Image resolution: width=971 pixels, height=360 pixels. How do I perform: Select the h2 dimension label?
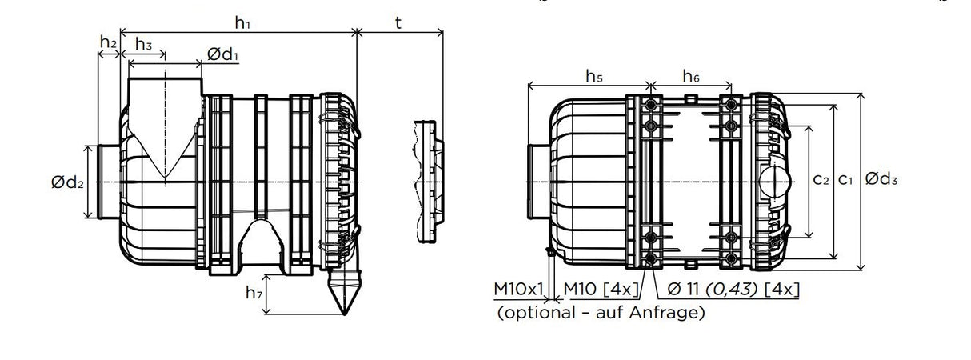[108, 42]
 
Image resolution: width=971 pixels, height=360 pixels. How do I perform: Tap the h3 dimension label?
[144, 44]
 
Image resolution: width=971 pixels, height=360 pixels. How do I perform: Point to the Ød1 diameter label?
[223, 54]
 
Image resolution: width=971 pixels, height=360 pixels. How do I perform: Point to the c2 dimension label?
[821, 180]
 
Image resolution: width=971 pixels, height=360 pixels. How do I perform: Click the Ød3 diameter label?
[882, 180]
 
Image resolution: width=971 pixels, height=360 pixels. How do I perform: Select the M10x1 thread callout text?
[519, 289]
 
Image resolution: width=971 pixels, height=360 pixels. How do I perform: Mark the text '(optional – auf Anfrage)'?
[601, 313]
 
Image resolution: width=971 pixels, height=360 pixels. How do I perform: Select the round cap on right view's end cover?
[773, 180]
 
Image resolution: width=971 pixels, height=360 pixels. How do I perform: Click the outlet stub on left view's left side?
[107, 182]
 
